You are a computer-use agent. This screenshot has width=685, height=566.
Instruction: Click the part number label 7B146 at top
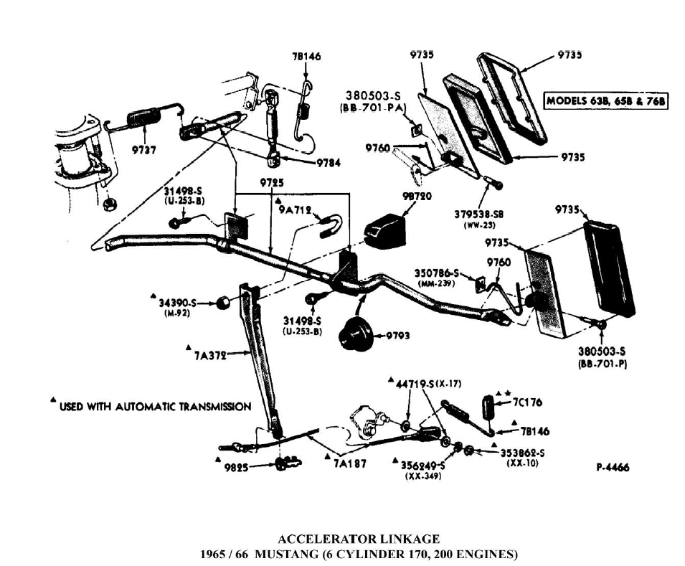pyautogui.click(x=306, y=56)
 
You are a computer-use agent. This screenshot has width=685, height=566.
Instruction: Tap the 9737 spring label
pyautogui.click(x=145, y=149)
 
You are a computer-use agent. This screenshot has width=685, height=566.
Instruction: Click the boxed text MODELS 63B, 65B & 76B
pyautogui.click(x=606, y=101)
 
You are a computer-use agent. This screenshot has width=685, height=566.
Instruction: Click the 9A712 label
pyautogui.click(x=295, y=209)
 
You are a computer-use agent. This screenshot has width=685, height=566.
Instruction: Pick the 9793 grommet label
pyautogui.click(x=398, y=334)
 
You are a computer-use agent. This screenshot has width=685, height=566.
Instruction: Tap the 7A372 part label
pyautogui.click(x=209, y=354)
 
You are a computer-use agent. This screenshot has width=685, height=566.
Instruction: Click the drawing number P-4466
pyautogui.click(x=613, y=468)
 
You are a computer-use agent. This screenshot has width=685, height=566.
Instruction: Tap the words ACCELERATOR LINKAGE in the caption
pyautogui.click(x=358, y=539)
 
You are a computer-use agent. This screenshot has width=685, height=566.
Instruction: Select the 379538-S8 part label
pyautogui.click(x=479, y=213)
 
